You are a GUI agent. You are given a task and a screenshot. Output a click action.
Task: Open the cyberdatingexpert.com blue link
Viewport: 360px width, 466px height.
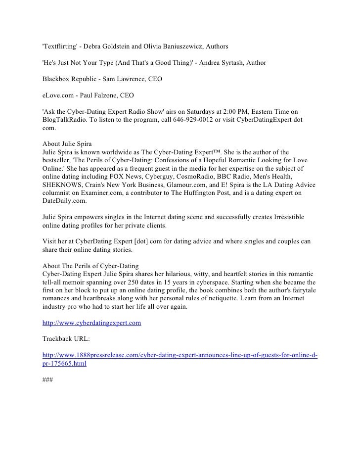pyautogui.click(x=92, y=323)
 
